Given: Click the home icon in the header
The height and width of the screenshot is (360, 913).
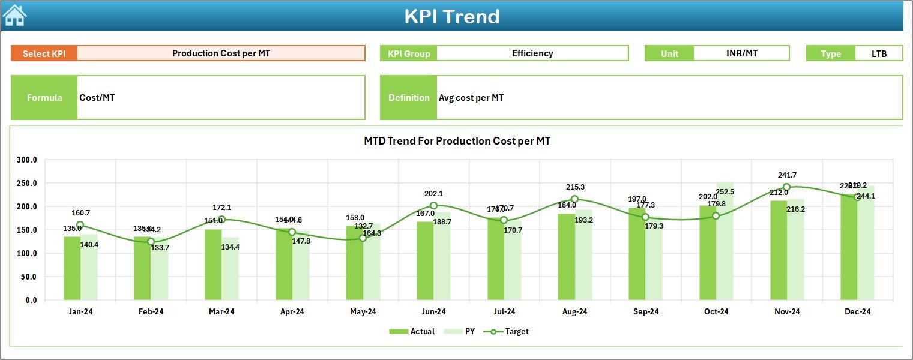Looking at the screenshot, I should tap(14, 16).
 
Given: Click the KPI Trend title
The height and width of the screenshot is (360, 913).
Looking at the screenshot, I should tap(451, 17).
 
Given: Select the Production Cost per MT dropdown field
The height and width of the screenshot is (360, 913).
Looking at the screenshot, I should tap(221, 53).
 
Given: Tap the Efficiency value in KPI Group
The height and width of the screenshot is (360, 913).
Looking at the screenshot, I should tap(532, 53).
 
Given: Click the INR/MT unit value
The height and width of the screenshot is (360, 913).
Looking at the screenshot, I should tap(741, 53).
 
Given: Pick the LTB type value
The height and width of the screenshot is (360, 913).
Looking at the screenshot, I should tap(879, 53).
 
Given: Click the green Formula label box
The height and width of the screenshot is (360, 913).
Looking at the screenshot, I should tap(44, 97).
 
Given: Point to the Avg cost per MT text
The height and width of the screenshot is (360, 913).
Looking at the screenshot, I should tap(471, 98).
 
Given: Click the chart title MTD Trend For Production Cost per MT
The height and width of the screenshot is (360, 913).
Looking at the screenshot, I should tap(457, 141).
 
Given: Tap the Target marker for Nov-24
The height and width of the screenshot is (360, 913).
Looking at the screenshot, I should tap(786, 187).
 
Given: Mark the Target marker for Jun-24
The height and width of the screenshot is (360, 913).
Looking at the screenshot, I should tap(433, 206).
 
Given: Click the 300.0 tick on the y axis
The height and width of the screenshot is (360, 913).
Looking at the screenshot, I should tap(26, 160).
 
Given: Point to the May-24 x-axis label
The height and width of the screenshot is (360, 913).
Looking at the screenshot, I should tap(363, 312).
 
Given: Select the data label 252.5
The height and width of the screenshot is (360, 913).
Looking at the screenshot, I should tap(725, 192).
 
